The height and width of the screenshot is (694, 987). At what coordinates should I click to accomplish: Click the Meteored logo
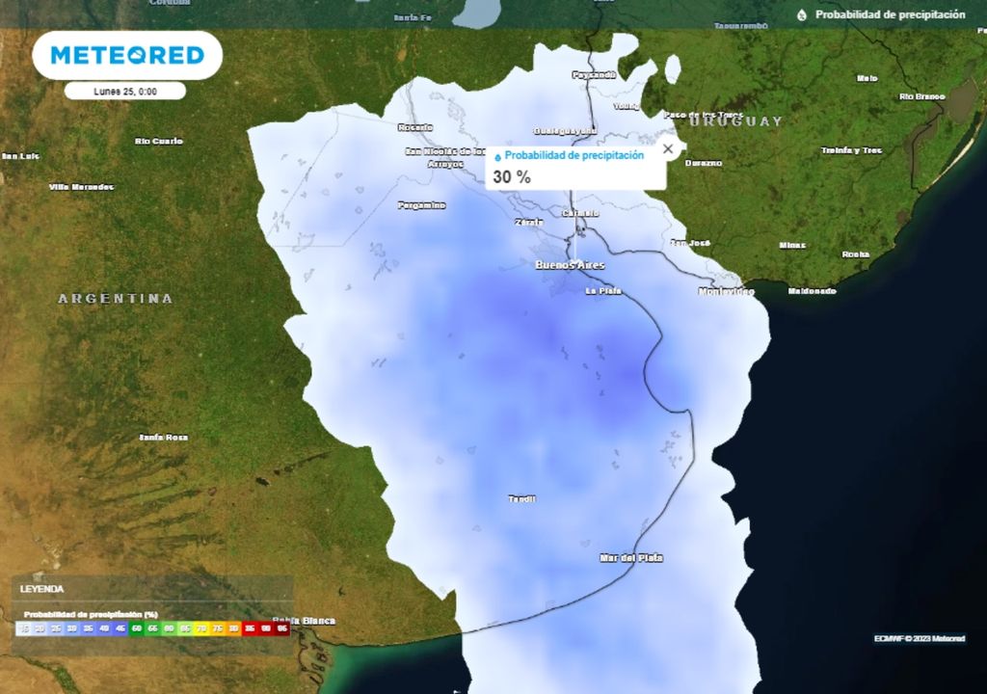[127, 55]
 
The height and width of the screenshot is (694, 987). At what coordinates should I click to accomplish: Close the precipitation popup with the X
[668, 149]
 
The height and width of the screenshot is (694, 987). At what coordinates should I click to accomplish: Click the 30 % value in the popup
[512, 176]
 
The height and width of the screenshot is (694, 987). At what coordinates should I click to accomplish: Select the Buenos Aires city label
[570, 263]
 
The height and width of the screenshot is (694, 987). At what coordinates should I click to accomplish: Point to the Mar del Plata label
[630, 557]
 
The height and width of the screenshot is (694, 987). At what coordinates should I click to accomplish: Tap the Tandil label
[521, 498]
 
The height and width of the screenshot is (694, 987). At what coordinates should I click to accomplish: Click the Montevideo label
[726, 291]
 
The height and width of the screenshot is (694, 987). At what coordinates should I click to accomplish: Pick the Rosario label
[415, 126]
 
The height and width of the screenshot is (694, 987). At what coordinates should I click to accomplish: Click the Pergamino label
[422, 204]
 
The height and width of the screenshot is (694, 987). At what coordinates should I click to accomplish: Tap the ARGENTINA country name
[116, 299]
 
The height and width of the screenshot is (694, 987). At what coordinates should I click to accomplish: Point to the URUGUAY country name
[736, 121]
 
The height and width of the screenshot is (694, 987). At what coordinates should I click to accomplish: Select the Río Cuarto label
[159, 141]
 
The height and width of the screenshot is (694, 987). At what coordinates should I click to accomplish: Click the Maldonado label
[812, 290]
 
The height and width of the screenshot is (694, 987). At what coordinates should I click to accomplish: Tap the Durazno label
[704, 163]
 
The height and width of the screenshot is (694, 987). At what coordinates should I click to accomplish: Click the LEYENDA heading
[42, 588]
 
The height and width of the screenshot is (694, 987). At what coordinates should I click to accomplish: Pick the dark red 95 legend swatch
[282, 628]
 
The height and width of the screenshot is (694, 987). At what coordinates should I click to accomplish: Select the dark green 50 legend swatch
[136, 628]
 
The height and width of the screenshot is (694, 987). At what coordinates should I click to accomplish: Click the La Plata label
[603, 290]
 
